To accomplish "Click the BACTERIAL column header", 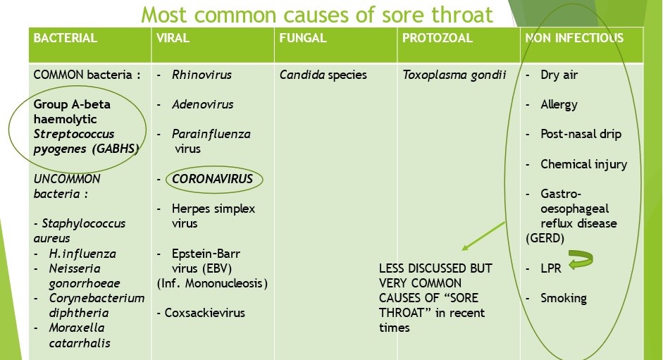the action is (x=65, y=38).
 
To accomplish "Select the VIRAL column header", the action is (x=173, y=38).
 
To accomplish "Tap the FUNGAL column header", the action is (x=302, y=38).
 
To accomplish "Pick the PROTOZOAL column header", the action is (x=437, y=38).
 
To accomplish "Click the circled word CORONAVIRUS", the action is (x=212, y=179).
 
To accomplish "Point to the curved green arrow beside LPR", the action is (x=581, y=260).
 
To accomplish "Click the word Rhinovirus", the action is (x=201, y=75).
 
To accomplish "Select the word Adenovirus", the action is (x=202, y=105).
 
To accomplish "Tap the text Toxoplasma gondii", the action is (x=454, y=75).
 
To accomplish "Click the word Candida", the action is (x=302, y=75).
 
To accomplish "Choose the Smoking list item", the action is (x=564, y=299).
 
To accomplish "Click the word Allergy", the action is (x=559, y=105).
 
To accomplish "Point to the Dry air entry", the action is (x=559, y=75).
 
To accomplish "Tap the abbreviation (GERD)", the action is (x=545, y=238).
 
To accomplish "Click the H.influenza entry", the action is (x=82, y=254).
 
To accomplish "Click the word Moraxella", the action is (x=77, y=328).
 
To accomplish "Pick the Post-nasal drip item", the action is (x=581, y=135).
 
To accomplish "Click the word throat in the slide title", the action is (x=462, y=15).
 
